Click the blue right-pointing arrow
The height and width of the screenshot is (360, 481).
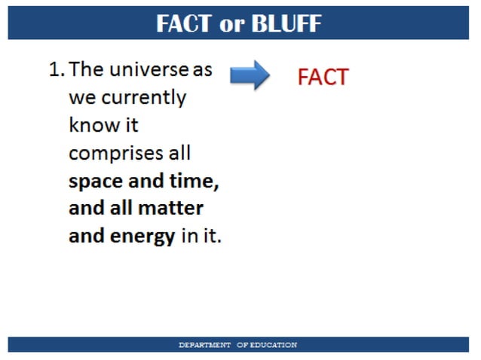point(250,75)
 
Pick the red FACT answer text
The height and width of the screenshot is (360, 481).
point(323,78)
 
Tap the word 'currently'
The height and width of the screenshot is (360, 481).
point(143,99)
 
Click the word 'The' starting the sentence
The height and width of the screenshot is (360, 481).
point(87,71)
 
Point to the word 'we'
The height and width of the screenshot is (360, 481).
point(82,99)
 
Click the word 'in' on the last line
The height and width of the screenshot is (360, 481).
point(188,236)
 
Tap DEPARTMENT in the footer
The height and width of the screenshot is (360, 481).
point(204,345)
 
